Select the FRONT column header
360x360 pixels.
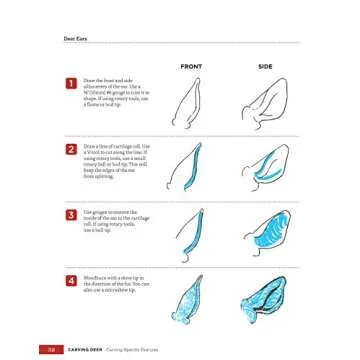coord(191,66)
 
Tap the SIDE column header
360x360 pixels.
coord(265,66)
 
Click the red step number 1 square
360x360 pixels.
coord(71,85)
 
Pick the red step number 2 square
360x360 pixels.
coord(71,150)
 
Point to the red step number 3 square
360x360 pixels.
coord(71,214)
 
